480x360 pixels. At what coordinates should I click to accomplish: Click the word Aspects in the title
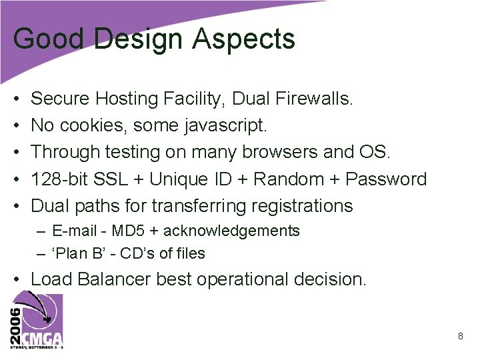click(243, 39)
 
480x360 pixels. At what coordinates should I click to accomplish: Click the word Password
click(386, 179)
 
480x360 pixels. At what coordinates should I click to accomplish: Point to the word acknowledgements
click(231, 231)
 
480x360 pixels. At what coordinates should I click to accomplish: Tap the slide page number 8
click(460, 336)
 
